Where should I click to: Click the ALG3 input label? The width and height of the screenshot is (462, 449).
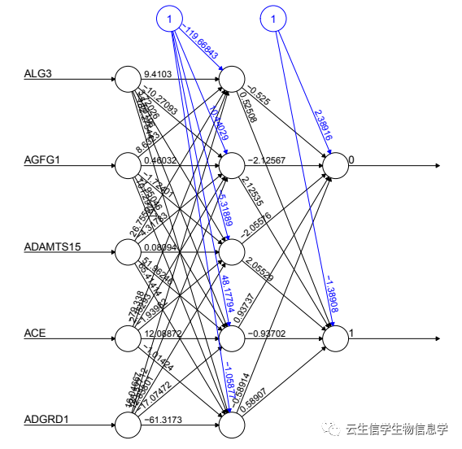point(38,74)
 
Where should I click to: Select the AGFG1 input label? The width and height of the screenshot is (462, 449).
point(41,160)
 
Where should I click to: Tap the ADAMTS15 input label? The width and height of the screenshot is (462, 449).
point(52,246)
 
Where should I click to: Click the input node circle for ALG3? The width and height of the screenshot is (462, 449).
point(128,79)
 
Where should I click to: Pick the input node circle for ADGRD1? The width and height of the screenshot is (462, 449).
point(128,424)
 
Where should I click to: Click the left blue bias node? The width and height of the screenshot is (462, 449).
point(169,18)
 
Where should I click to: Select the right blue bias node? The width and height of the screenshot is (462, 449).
point(274,18)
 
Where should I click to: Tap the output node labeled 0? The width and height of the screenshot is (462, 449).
point(336,165)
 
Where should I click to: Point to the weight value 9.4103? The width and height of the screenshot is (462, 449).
point(158,74)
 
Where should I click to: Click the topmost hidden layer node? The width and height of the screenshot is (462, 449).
point(231,79)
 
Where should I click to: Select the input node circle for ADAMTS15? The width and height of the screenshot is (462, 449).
point(128,251)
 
